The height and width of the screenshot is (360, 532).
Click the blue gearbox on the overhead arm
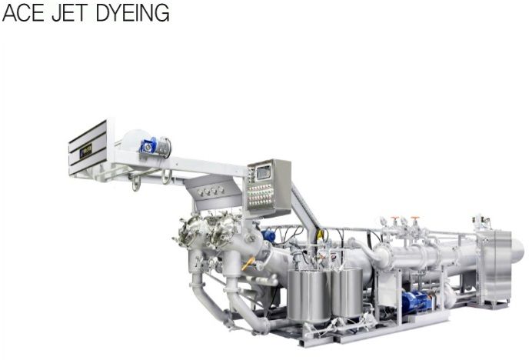point(149,145)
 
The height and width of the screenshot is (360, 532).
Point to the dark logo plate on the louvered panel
point(85,152)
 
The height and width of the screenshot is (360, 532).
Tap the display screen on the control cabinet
point(263,172)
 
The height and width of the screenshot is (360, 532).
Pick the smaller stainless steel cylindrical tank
point(347,293)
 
